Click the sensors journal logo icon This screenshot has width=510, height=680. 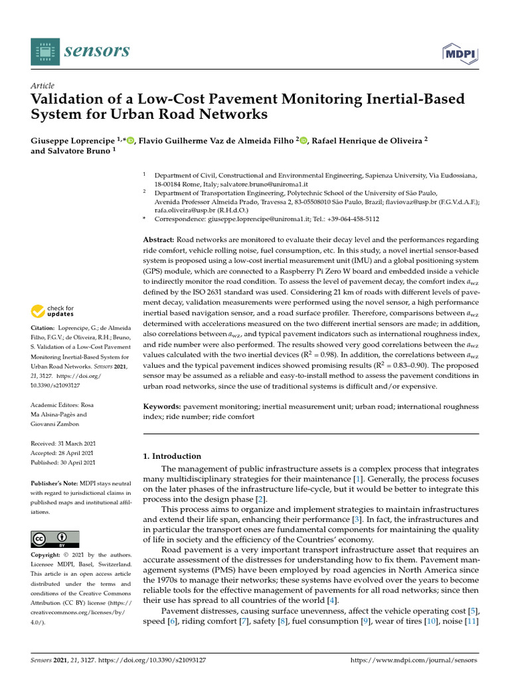coord(44,51)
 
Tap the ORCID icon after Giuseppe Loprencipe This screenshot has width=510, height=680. coord(129,140)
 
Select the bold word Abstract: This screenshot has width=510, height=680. coord(159,240)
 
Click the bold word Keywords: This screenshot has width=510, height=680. coord(162,405)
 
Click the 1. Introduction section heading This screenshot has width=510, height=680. coord(172,456)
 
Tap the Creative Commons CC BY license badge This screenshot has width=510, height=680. coord(55,539)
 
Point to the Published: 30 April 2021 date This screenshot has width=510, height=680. coord(63,462)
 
